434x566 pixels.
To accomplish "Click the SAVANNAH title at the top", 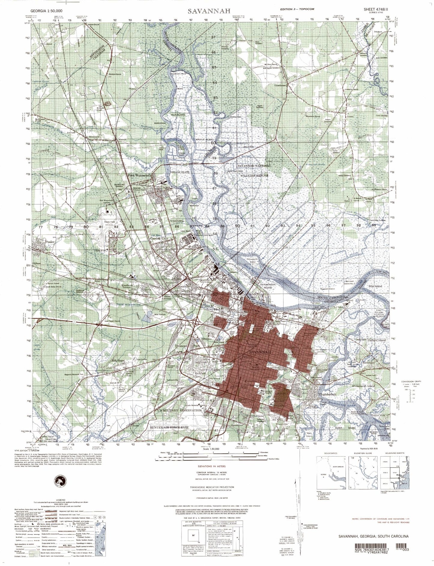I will click(x=209, y=11).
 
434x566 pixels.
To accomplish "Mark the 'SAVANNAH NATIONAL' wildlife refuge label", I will click(x=254, y=166).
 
